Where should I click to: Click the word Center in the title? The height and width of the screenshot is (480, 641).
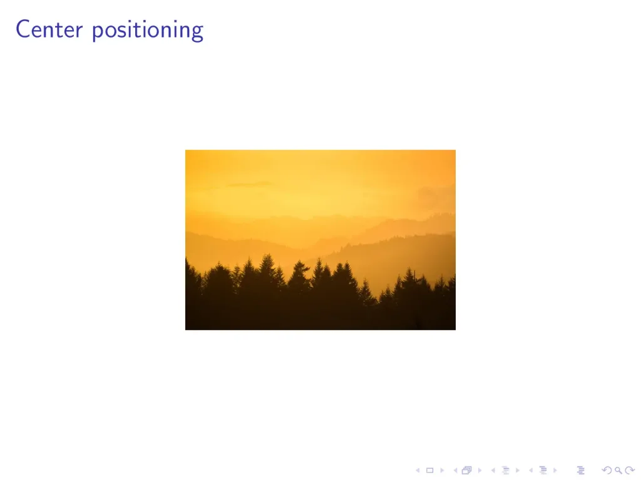click(x=49, y=29)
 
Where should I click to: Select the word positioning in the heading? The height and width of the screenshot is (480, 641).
click(x=148, y=31)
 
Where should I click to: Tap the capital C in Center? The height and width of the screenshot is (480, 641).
click(x=23, y=29)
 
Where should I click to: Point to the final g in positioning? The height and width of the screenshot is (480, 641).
click(x=197, y=33)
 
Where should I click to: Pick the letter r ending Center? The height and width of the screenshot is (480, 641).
click(x=79, y=32)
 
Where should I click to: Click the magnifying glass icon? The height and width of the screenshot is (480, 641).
click(x=618, y=471)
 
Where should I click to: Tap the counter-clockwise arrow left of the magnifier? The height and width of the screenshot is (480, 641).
click(x=607, y=471)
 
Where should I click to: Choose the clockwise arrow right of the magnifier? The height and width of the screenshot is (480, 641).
click(x=630, y=471)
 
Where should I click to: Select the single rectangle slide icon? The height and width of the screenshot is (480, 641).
click(x=429, y=471)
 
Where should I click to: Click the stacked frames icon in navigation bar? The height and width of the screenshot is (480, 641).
click(x=467, y=471)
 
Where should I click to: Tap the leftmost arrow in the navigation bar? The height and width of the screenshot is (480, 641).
click(x=418, y=471)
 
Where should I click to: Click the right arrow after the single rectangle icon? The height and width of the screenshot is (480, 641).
click(x=442, y=471)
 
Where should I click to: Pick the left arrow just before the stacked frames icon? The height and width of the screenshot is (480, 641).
click(x=455, y=471)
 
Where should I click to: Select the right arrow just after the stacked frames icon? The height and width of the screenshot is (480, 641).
click(x=479, y=471)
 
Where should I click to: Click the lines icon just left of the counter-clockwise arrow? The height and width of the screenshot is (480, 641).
click(x=580, y=471)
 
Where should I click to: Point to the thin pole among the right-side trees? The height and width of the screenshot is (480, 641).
click(x=414, y=282)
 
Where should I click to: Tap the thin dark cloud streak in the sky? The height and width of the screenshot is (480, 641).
click(x=249, y=184)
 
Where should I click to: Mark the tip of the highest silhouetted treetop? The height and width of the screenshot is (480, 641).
click(x=268, y=254)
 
